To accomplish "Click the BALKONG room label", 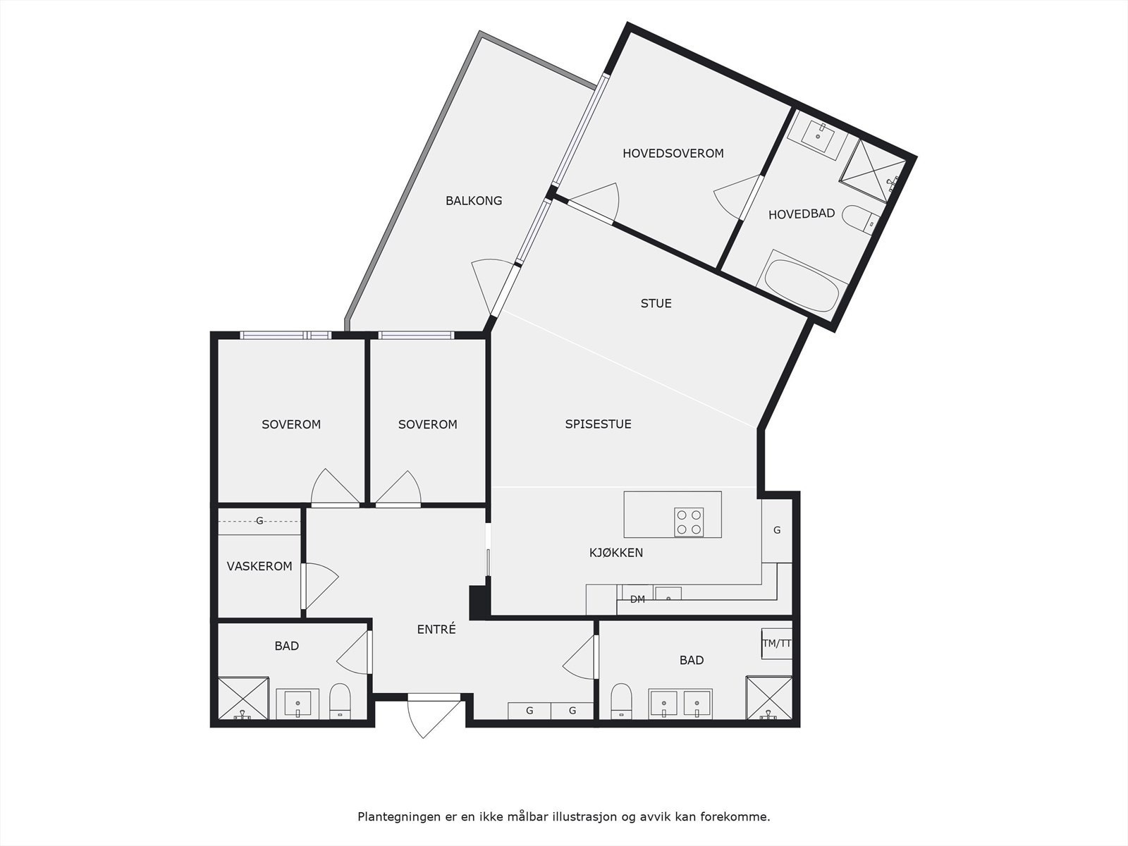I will pos(474,201).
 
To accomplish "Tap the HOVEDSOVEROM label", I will pos(673,153).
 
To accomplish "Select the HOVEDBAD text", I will pos(802,214).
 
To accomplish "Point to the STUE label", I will pos(656,304).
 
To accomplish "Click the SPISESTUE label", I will pos(598,424).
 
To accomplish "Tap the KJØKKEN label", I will pos(616,553).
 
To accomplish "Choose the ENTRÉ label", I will pos(436,630).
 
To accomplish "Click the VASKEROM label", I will pos(259,566).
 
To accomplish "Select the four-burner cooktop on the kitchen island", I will pos(689,522).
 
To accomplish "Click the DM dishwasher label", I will pos(637,600).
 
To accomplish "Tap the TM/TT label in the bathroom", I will pos(777,643).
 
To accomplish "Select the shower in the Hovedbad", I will pos(871,170).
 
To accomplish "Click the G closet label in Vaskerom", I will pos(259,521).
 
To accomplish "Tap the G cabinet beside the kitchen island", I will pos(777,530).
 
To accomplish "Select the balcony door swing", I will pos(486,282).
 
